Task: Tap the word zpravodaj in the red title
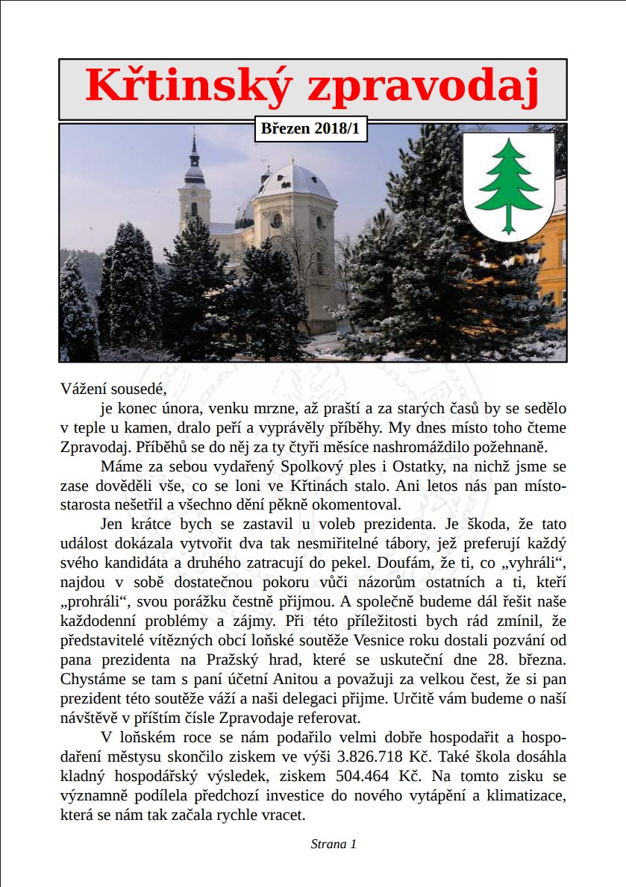(423, 87)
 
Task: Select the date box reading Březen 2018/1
(310, 128)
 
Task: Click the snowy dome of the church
(294, 184)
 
